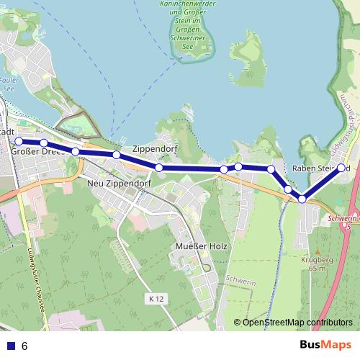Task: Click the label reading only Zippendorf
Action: click(155, 148)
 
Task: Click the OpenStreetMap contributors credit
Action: click(292, 322)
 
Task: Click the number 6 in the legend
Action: click(24, 346)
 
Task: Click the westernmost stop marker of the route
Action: click(19, 142)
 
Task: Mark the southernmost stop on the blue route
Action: click(302, 199)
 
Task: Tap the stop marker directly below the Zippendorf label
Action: click(159, 168)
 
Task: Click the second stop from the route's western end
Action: click(44, 143)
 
